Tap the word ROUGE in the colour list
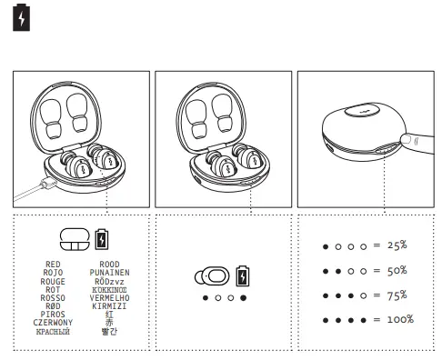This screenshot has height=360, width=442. click(x=53, y=281)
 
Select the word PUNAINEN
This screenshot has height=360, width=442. click(x=111, y=273)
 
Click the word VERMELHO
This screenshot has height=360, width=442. click(x=111, y=297)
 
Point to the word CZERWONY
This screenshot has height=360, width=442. click(x=53, y=322)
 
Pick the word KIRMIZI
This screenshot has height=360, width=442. click(x=111, y=305)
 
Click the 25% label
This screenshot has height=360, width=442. click(x=397, y=246)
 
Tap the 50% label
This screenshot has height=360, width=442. click(x=397, y=271)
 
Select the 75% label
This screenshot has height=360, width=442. click(x=397, y=295)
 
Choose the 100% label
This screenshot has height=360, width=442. click(x=399, y=320)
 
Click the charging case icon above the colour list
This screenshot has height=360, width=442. click(x=75, y=239)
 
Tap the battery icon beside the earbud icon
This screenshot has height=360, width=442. click(x=241, y=275)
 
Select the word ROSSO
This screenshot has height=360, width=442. click(x=53, y=297)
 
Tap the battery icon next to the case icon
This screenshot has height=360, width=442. click(x=102, y=240)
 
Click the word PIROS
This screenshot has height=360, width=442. click(x=53, y=314)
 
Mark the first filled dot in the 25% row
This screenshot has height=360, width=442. click(x=326, y=247)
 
